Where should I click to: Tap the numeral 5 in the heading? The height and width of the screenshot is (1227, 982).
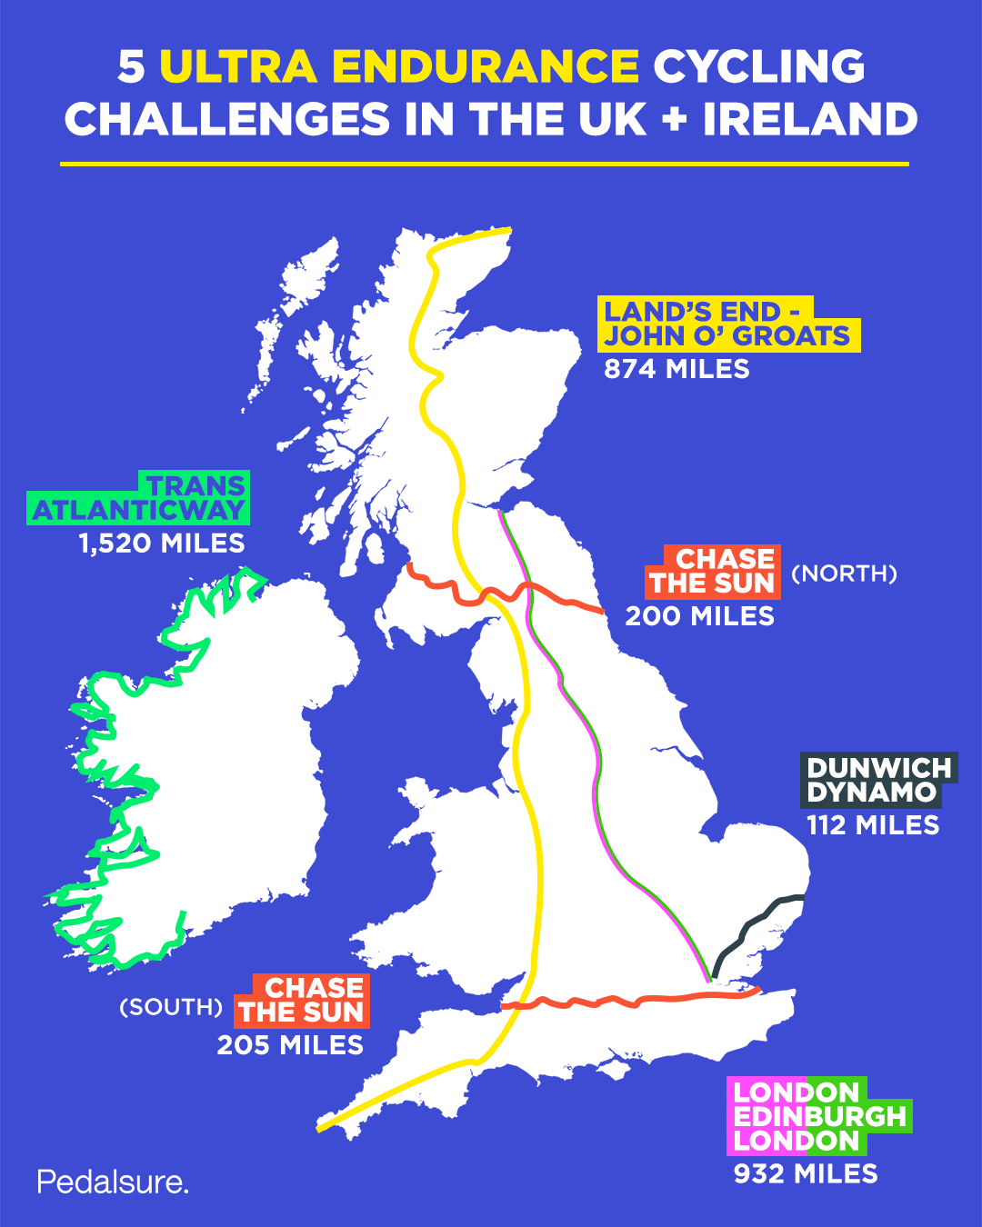coord(132,66)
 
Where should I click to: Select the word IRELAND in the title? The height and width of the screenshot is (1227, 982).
coord(810,120)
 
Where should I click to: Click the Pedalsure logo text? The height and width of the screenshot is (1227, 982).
coord(113,1182)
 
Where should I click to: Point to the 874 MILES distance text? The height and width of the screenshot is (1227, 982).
coord(677,369)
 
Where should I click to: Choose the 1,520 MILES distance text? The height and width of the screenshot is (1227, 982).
coord(162,544)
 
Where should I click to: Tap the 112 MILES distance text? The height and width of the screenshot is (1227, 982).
coord(873,825)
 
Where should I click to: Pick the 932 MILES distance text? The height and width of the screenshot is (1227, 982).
coord(806,1174)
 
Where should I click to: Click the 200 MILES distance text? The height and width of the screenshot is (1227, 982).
coord(700,616)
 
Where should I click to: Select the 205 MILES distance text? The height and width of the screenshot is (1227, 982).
coord(290,1045)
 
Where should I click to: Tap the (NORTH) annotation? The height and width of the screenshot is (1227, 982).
coord(844,574)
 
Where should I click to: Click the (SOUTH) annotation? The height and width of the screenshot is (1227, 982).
coord(171,1007)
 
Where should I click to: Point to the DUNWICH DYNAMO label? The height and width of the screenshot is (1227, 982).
coord(878,780)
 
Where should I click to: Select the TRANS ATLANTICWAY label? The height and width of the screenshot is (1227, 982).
coord(139,498)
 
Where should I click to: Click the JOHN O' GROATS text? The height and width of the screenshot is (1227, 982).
coord(727,336)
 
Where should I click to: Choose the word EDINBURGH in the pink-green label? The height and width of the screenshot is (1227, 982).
coord(820,1116)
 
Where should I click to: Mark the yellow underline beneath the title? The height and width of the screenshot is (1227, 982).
coord(485,164)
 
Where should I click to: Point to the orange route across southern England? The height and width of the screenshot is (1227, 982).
coord(636,1001)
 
